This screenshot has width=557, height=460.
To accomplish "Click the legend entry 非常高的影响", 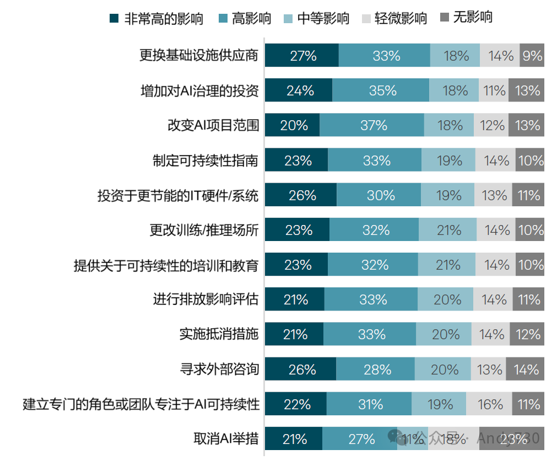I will [x=156, y=19].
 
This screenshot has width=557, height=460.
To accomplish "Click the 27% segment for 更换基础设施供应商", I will [x=301, y=56].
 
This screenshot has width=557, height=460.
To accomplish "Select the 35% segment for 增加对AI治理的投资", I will [x=381, y=90].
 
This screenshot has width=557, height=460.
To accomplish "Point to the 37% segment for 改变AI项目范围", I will [x=372, y=125].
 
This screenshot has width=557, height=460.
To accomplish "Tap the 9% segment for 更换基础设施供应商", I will [x=532, y=56].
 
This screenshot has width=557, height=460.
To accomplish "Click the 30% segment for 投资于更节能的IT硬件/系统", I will [x=379, y=195].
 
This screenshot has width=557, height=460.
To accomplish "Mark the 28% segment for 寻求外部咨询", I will [x=375, y=370].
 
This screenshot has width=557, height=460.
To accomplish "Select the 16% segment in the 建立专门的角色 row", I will [x=489, y=404].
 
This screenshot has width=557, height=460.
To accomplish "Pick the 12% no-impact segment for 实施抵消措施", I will [x=527, y=335].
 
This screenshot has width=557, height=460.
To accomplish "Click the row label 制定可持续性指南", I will [x=206, y=161].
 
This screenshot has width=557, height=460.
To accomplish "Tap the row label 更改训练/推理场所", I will [x=204, y=230].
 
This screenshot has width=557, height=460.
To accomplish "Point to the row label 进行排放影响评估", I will [x=206, y=300].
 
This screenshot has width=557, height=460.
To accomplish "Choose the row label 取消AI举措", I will [x=226, y=440].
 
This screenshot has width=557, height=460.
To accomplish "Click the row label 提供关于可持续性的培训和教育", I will [x=166, y=265].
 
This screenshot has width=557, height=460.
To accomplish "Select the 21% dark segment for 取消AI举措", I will [x=294, y=440].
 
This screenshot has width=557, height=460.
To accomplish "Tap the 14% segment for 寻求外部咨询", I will [x=525, y=370].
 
